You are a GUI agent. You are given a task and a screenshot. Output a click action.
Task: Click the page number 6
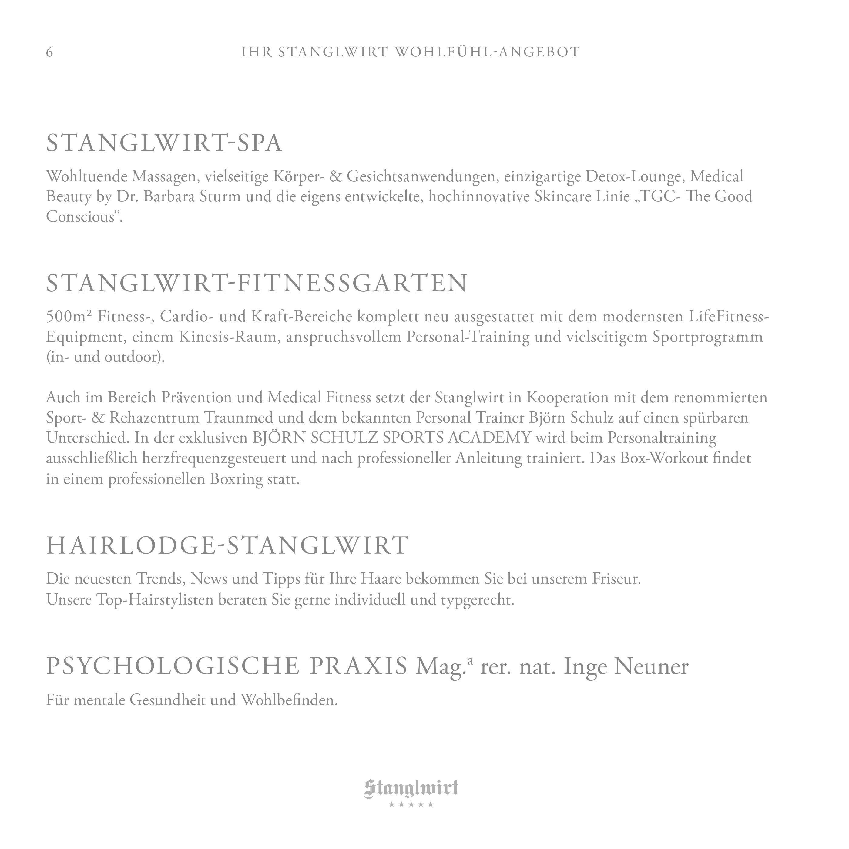tap(49, 52)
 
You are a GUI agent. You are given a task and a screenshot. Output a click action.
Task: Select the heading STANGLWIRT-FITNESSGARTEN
tap(257, 284)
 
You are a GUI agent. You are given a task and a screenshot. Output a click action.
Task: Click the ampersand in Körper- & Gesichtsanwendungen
tap(335, 176)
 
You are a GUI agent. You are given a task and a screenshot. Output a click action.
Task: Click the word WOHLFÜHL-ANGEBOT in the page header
tap(488, 52)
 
